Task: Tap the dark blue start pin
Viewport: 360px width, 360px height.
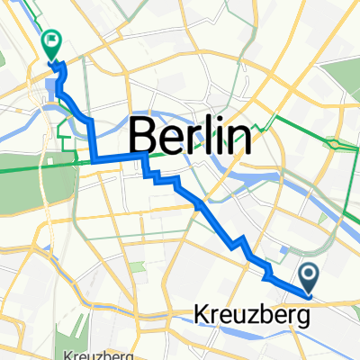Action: point(308,275)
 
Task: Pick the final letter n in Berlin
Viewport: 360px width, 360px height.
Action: point(238,137)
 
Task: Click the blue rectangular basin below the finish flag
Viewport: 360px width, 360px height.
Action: point(49,88)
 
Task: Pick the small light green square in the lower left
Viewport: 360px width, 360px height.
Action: point(137,268)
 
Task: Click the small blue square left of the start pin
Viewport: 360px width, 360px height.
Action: point(268,278)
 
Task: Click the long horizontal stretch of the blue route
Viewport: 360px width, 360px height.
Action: point(117,159)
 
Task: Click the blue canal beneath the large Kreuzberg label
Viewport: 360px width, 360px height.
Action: point(261,340)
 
